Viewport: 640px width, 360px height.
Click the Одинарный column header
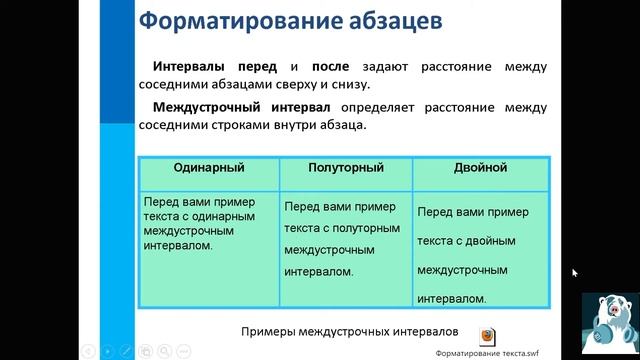click(209, 169)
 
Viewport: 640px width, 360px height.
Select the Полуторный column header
click(346, 169)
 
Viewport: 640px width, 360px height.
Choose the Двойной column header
click(480, 169)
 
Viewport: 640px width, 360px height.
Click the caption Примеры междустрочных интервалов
click(349, 331)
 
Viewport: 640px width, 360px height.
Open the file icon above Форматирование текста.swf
click(485, 336)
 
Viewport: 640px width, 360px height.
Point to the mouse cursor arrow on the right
click(575, 272)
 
